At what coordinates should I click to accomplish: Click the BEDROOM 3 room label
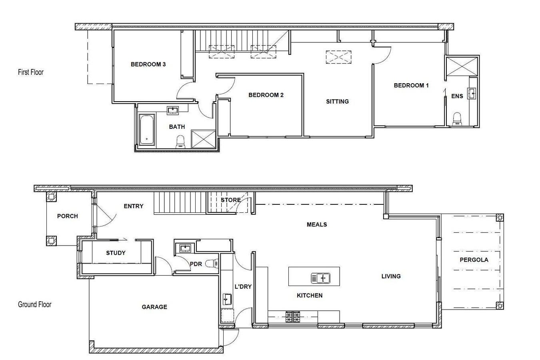pyautogui.click(x=148, y=64)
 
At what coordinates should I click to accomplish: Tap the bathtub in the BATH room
pyautogui.click(x=146, y=130)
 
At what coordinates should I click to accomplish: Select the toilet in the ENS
pyautogui.click(x=456, y=119)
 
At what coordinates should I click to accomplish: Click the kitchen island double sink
pyautogui.click(x=320, y=278)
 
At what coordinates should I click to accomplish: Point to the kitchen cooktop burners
pyautogui.click(x=293, y=316)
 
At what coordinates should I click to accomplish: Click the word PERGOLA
pyautogui.click(x=474, y=260)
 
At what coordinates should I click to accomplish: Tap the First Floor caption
pyautogui.click(x=31, y=72)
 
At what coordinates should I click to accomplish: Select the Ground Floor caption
pyautogui.click(x=35, y=304)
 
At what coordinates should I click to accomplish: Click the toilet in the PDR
pyautogui.click(x=212, y=264)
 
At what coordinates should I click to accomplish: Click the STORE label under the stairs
pyautogui.click(x=231, y=200)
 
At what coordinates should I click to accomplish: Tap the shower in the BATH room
pyautogui.click(x=203, y=139)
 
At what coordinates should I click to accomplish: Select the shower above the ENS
pyautogui.click(x=462, y=66)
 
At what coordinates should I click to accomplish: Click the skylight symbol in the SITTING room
pyautogui.click(x=338, y=57)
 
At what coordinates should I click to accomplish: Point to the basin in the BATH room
pyautogui.click(x=173, y=110)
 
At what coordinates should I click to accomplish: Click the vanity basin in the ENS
pyautogui.click(x=472, y=93)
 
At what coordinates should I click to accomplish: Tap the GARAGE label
pyautogui.click(x=154, y=307)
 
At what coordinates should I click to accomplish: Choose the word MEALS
pyautogui.click(x=317, y=224)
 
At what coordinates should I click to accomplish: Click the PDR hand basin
pyautogui.click(x=185, y=248)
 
